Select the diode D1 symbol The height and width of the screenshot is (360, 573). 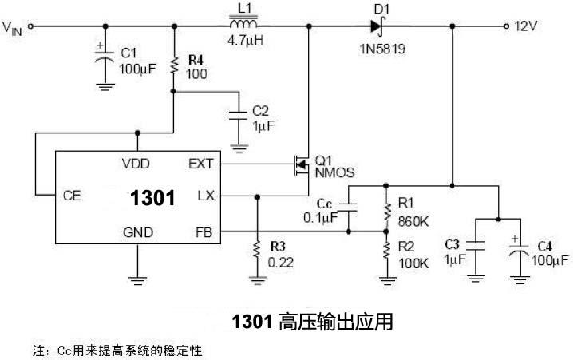375,26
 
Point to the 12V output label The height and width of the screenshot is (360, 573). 528,26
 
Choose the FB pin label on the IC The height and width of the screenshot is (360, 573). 204,231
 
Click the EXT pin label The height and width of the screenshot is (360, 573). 200,164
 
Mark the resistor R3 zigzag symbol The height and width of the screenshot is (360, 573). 257,249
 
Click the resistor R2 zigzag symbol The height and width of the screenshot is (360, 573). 386,253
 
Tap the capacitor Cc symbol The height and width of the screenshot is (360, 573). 350,209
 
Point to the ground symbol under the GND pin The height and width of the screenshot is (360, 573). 136,279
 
